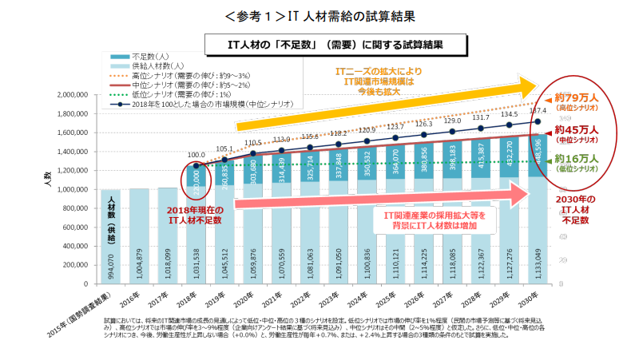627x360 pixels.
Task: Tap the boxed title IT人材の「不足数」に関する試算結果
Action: coord(312,44)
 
